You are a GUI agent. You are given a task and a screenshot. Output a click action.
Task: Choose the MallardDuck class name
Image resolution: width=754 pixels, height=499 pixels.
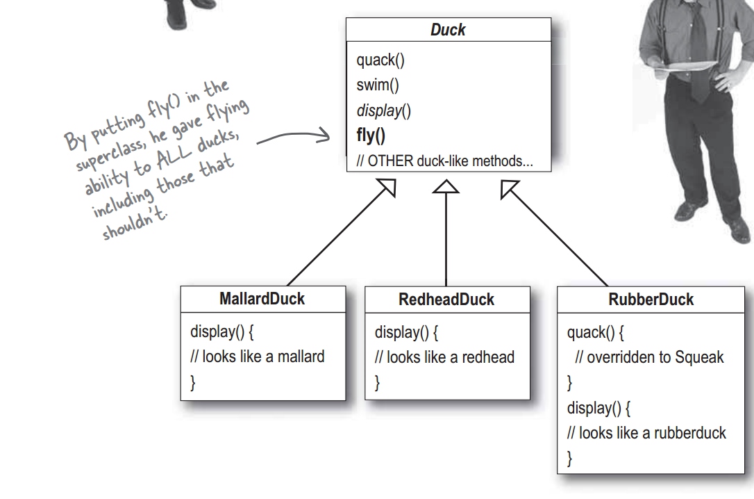tap(262, 299)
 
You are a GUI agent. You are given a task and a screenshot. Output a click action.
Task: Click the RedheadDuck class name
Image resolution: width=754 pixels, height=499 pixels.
tap(446, 300)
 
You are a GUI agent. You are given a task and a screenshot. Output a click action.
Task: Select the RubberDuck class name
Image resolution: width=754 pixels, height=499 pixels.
tap(651, 300)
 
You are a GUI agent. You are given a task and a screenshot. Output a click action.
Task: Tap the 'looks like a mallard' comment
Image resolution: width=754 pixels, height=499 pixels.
tap(258, 357)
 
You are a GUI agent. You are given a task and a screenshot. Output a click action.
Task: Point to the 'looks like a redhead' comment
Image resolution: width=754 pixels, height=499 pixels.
tap(444, 357)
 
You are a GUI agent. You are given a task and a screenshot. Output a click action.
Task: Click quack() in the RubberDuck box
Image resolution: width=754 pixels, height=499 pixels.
tap(595, 332)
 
